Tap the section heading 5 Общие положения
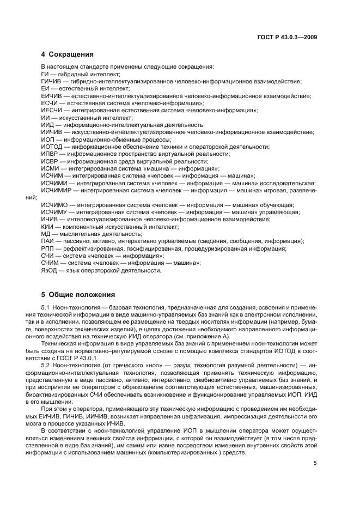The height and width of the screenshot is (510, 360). (x=78, y=295)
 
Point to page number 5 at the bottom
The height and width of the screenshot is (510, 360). (x=315, y=464)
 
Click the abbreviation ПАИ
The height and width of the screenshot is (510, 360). (x=47, y=241)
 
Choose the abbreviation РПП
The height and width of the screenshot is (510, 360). (x=47, y=248)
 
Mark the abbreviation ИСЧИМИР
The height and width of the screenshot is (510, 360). (x=56, y=190)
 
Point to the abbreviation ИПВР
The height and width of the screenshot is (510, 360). (x=49, y=154)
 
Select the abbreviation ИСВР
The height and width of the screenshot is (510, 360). (x=49, y=161)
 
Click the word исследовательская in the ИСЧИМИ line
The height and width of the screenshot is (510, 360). (x=289, y=183)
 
